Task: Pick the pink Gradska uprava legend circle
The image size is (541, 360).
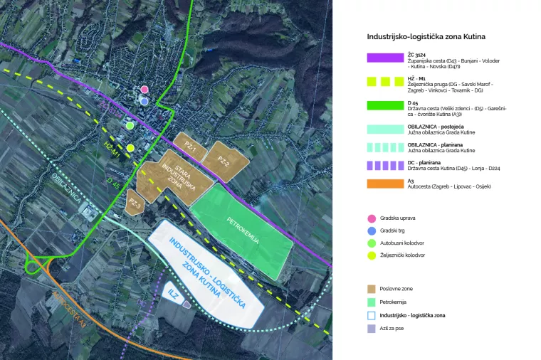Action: pos(371,218)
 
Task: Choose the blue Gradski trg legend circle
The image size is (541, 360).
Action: pos(371,231)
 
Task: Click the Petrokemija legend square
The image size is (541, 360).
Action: pos(371,302)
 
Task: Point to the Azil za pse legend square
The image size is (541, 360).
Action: pos(371,328)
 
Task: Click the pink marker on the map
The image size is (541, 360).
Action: pos(145,90)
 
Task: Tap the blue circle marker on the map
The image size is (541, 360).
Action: pos(145,101)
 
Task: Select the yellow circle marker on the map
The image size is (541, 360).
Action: pos(131,148)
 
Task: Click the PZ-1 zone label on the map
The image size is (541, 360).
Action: pos(189,145)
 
